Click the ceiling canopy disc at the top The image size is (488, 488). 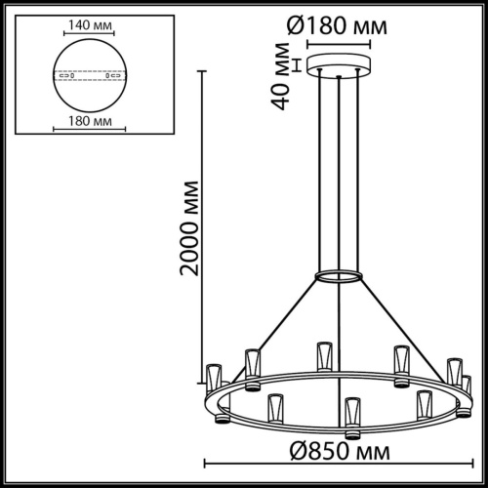pos(339,66)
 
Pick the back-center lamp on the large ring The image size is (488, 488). pos(323,356)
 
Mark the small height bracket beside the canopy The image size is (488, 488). pos(299,66)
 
